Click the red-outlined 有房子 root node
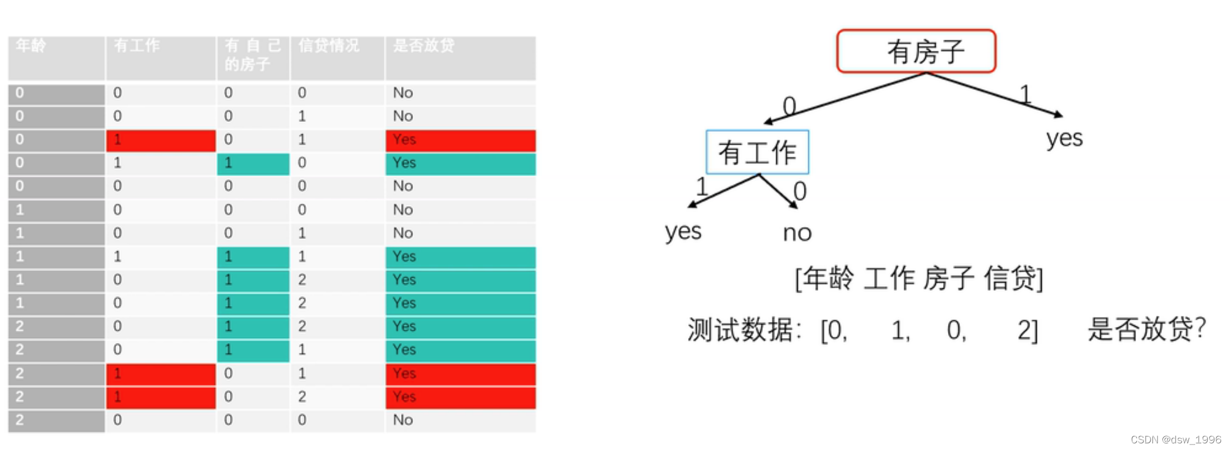tap(916, 51)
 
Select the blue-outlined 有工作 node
tap(757, 152)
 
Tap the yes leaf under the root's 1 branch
tap(1064, 138)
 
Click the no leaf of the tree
tap(797, 233)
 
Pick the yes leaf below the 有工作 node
tap(683, 231)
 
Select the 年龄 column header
tap(31, 45)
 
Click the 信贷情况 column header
tap(329, 45)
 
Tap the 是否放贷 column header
tap(424, 45)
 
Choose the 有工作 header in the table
tap(137, 45)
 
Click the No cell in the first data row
tap(403, 93)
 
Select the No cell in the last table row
tap(403, 420)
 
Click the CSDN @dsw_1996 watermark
tap(1175, 439)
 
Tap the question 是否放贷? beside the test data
tap(1146, 329)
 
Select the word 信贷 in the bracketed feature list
tap(1010, 278)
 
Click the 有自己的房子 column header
tap(253, 55)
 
